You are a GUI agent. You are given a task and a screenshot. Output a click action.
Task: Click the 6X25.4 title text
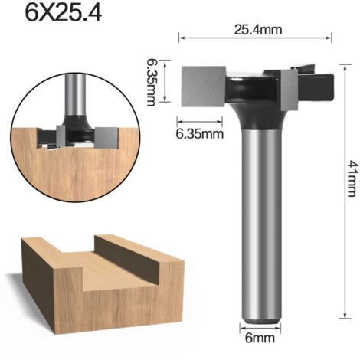(x=64, y=13)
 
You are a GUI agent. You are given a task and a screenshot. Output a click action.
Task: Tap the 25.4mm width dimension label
(x=258, y=30)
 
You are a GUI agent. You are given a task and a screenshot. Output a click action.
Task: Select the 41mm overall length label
(x=352, y=178)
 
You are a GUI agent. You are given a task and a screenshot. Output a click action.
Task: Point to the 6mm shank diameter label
(x=260, y=338)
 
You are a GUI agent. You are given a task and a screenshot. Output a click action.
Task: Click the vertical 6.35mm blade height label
(x=151, y=82)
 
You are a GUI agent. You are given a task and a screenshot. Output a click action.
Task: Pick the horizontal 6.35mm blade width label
(x=199, y=133)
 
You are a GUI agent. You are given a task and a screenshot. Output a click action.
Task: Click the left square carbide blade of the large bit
(x=204, y=87)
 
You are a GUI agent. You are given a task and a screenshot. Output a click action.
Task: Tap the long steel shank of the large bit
(x=261, y=224)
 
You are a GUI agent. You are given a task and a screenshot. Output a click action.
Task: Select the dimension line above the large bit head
(x=255, y=38)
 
